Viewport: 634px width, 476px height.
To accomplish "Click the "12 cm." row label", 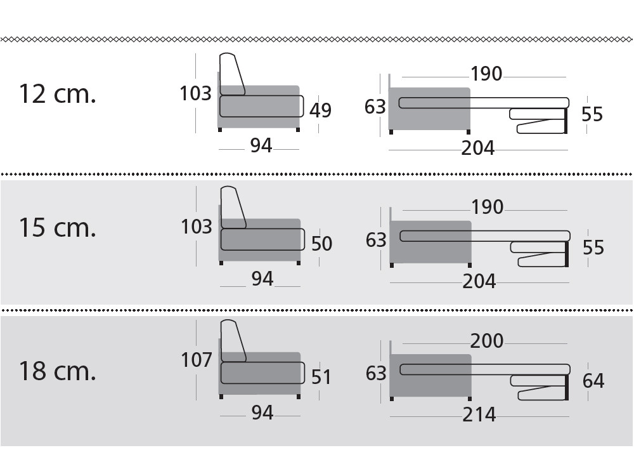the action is [58, 94].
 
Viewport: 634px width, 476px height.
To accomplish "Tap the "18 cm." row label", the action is [58, 371].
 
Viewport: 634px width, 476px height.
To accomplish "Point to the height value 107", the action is [197, 360].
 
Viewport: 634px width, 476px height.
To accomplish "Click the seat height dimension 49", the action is [321, 110].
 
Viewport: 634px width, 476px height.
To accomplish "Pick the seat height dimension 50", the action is [322, 244].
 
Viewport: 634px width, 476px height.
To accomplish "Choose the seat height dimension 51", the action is [321, 377].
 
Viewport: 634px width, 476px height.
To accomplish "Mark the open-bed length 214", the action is [479, 414].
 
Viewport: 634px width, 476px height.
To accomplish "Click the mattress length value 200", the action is [487, 341].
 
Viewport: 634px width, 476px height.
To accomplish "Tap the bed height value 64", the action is [593, 381].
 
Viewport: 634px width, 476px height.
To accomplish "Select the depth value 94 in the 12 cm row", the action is [261, 145].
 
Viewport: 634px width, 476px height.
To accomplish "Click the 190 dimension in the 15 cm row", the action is [487, 208].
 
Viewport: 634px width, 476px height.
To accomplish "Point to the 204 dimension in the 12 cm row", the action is [478, 148].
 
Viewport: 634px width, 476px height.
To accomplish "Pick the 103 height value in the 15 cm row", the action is [197, 227].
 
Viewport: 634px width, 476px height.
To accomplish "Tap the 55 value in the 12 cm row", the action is [592, 114].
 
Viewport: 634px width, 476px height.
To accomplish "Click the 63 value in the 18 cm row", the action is [376, 374].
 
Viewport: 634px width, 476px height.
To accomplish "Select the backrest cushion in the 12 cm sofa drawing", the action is [231, 74].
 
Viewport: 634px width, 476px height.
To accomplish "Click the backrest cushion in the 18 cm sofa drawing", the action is [233, 340].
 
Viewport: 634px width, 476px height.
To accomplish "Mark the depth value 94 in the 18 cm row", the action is [262, 413].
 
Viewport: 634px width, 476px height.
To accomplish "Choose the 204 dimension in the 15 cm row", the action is [479, 281].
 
